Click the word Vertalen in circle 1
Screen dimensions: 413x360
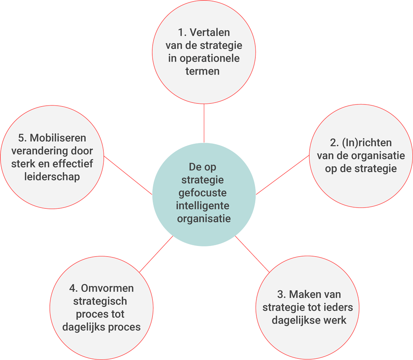coord(210,32)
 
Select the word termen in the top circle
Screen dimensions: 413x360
coord(202,71)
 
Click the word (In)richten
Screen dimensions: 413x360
coord(367,143)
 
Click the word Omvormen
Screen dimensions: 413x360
coord(107,288)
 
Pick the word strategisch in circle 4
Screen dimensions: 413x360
coord(100,301)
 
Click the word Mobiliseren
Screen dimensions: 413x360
coord(58,138)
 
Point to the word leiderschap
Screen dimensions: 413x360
coord(52,177)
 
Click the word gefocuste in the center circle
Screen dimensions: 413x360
coord(202,193)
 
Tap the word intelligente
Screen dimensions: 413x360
coord(202,206)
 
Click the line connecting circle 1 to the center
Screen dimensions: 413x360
coord(204,123)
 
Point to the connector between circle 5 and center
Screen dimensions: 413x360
coord(128,175)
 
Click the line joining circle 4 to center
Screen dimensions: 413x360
coord(156,254)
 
